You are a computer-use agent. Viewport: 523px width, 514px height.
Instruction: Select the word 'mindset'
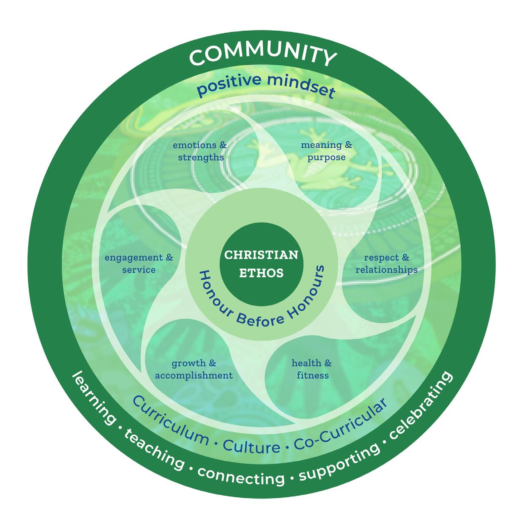[302, 85]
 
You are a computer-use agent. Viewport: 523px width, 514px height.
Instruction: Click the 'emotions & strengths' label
[200, 151]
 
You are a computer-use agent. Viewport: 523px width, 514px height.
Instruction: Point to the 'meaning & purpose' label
[326, 151]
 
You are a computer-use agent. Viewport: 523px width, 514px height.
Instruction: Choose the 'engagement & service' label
[139, 263]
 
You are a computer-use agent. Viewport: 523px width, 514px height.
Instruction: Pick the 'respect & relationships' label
[386, 263]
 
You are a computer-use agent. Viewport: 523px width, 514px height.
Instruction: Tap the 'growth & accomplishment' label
[194, 369]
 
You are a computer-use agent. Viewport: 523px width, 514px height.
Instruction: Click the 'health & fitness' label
[312, 369]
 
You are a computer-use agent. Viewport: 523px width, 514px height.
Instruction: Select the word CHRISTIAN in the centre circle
[261, 255]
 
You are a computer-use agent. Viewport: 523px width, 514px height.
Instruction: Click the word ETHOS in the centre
[261, 273]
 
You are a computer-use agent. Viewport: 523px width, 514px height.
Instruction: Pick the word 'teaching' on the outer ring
[154, 451]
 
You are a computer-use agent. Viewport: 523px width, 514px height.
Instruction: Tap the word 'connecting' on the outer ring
[241, 477]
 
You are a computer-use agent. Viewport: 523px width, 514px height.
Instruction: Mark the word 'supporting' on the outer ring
[339, 462]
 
